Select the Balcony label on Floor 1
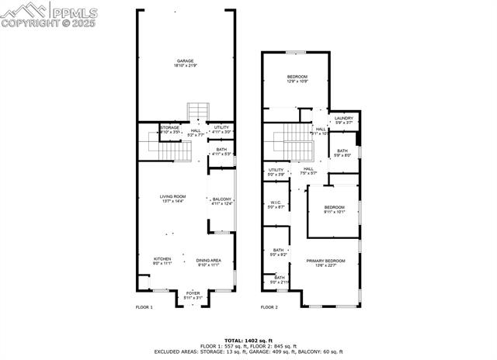(222, 201)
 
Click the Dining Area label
(208, 261)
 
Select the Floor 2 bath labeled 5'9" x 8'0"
(342, 153)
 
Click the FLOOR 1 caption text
(144, 308)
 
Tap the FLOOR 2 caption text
(269, 308)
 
